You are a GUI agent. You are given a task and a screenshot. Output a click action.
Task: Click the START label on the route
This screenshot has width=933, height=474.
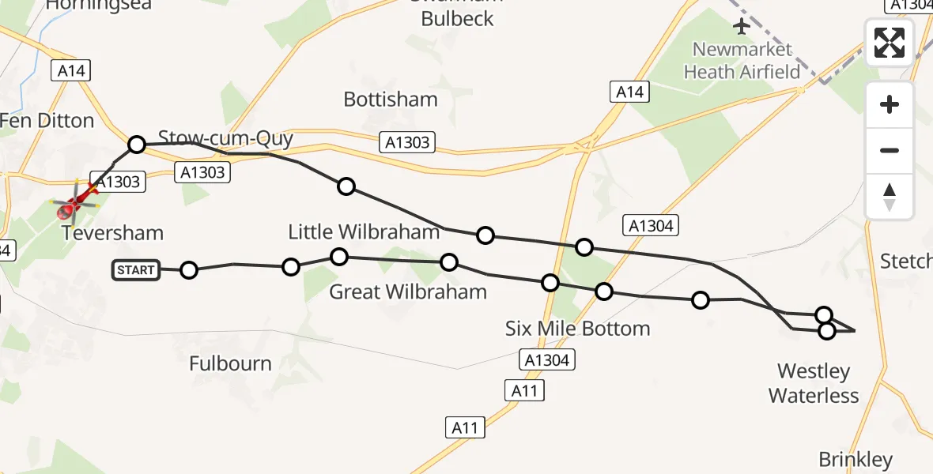(136, 270)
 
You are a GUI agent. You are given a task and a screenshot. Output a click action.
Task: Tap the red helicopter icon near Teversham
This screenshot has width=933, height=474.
(74, 202)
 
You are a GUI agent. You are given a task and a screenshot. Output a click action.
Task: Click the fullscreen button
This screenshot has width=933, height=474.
(890, 42)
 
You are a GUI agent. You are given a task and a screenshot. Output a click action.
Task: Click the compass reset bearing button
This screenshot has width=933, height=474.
(890, 197)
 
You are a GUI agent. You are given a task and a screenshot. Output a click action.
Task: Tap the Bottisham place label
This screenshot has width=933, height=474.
(391, 100)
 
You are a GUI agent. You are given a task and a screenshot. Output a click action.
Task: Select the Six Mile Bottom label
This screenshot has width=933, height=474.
(577, 329)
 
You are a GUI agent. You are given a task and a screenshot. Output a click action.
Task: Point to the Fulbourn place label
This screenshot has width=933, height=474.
(230, 364)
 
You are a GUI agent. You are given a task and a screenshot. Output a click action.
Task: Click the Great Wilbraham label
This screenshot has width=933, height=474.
(408, 292)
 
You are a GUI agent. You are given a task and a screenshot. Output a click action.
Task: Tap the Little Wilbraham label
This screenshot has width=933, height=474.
(364, 231)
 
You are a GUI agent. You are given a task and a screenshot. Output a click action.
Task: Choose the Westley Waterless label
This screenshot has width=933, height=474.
(814, 383)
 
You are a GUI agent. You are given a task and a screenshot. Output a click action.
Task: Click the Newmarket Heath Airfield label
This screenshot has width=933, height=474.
(742, 61)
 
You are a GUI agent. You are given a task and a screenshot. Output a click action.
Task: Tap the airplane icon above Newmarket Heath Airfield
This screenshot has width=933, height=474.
(742, 26)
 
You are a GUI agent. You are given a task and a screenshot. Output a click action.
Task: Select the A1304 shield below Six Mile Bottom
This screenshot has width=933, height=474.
(546, 360)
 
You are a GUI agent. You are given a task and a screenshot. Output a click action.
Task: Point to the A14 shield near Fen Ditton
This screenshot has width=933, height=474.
(71, 71)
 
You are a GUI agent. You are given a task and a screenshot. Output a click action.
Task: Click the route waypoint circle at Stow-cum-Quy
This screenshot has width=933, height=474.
(137, 145)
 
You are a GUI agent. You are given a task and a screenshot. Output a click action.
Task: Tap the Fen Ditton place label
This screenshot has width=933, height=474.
(47, 121)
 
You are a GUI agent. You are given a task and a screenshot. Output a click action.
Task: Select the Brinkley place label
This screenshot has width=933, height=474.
(856, 460)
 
